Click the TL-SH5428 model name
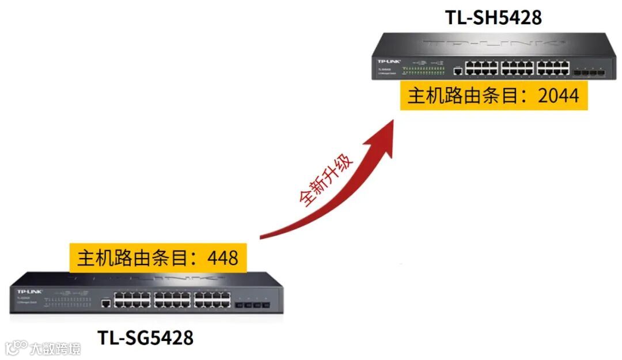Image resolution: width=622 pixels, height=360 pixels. pos(493,17)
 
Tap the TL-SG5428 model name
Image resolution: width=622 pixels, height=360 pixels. pos(145,337)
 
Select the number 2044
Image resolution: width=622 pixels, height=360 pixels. pos(558,96)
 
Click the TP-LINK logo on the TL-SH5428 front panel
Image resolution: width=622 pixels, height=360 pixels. pos(389,60)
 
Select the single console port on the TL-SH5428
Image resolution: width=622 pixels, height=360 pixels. pos(457,71)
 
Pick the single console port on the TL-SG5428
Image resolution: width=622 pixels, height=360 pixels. pos(105,302)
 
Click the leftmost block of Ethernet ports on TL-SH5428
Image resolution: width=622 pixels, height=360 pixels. pos(481,68)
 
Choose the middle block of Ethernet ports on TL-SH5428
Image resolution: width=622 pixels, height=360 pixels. pos(517,68)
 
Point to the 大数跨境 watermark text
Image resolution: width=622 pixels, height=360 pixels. pos(55,348)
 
